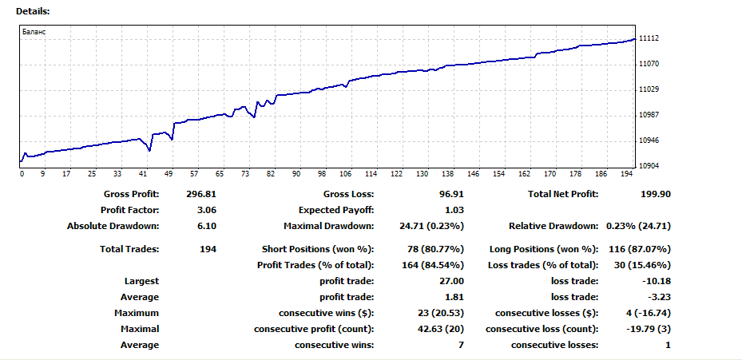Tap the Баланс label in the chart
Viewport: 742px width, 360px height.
[34, 32]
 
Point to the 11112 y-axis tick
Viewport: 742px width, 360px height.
[649, 38]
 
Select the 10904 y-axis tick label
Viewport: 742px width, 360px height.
[649, 166]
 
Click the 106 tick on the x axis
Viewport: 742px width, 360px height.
[346, 173]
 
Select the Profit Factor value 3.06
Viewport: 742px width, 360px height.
[207, 210]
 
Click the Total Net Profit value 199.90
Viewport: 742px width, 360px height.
[656, 194]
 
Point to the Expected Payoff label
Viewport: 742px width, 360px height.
[336, 210]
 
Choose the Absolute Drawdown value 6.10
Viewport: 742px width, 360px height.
[207, 226]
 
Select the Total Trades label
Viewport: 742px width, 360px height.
[129, 249]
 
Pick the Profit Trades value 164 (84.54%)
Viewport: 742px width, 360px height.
[429, 265]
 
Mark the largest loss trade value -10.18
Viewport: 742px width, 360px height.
[656, 281]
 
